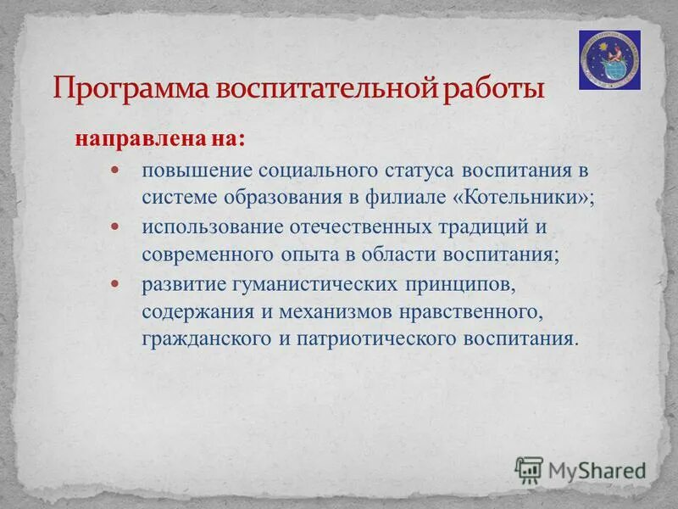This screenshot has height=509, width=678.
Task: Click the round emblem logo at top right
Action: pos(609,59)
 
